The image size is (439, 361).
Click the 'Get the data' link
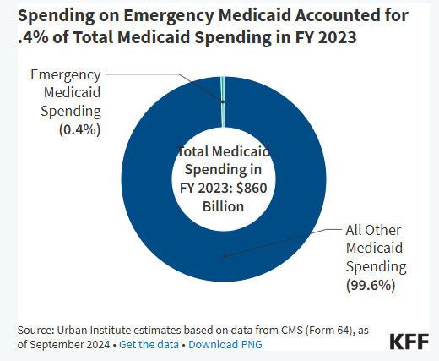149,344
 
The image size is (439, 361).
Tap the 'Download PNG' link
225,344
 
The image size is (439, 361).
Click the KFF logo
409,342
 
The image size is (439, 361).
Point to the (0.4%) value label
79,130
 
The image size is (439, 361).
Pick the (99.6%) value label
371,285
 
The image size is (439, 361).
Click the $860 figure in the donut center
252,188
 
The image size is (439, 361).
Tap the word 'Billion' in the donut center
223,206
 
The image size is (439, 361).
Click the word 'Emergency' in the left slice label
66,75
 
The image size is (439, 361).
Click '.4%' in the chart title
33,37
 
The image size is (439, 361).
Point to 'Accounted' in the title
339,15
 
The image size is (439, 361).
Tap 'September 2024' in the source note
70,345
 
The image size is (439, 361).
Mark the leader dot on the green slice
223,101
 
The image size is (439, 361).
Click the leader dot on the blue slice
225,256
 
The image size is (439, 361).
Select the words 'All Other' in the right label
373,230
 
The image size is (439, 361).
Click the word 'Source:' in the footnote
35,330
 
